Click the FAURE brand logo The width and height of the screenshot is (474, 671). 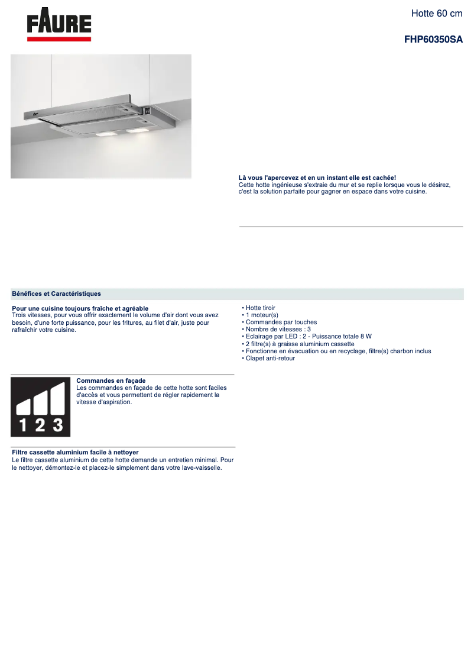coord(59,23)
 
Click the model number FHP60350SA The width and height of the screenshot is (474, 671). coord(433,40)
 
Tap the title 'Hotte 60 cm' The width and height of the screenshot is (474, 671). coord(437,13)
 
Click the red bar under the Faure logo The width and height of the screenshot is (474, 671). coord(59,39)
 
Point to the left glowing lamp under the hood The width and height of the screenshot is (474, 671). coord(105,134)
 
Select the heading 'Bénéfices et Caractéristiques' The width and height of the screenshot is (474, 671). coord(56,293)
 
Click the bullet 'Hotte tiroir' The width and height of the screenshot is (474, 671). coord(260,308)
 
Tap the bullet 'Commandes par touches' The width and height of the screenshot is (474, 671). coord(281,322)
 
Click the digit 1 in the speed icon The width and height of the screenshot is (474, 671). coord(22,424)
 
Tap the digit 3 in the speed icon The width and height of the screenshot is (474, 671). coord(57,424)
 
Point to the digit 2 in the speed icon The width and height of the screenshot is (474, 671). coord(40,424)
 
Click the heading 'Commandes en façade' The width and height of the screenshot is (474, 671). coord(111,380)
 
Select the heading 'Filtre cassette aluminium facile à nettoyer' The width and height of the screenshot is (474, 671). coord(75,452)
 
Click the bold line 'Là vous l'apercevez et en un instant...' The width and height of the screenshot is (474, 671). coord(317,178)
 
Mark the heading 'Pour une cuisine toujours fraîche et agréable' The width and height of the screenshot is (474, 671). coord(80,308)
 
